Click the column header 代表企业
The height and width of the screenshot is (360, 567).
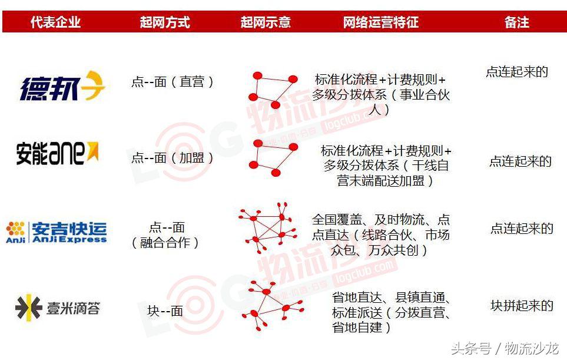tap(55, 22)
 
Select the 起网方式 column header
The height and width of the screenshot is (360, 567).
tap(165, 22)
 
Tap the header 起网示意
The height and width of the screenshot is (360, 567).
tap(266, 22)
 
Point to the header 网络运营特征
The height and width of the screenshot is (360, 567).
tap(381, 22)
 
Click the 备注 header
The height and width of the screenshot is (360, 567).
tap(516, 22)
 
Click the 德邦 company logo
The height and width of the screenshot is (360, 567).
tap(62, 86)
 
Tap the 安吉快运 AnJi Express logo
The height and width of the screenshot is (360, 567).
tap(57, 231)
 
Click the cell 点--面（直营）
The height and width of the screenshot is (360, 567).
tap(173, 82)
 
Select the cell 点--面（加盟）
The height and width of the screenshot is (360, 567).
tap(173, 157)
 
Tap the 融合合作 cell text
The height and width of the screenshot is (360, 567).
tap(165, 242)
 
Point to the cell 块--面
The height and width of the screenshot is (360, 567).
tap(165, 311)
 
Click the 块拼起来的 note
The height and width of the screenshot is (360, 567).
tap(522, 306)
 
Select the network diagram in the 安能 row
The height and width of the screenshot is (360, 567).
tap(273, 157)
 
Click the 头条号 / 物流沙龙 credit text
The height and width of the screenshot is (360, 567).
tap(505, 348)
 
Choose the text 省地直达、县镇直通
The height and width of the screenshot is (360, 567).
tap(391, 298)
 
